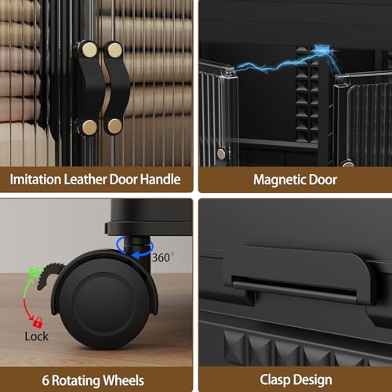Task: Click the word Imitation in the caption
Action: (x=35, y=180)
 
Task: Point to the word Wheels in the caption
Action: (x=123, y=380)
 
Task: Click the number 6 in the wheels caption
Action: (x=45, y=381)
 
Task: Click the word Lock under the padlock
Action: (x=36, y=336)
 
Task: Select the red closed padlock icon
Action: (x=38, y=323)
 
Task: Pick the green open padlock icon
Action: (x=34, y=272)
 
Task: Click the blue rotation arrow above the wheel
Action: (x=135, y=246)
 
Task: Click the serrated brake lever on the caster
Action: (x=49, y=277)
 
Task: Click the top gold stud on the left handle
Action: (x=89, y=49)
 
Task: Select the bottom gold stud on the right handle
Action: (x=114, y=126)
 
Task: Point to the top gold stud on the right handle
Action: (x=114, y=50)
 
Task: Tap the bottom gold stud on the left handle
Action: (x=89, y=127)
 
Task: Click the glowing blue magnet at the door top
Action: (x=322, y=49)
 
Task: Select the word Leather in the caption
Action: (x=85, y=180)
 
